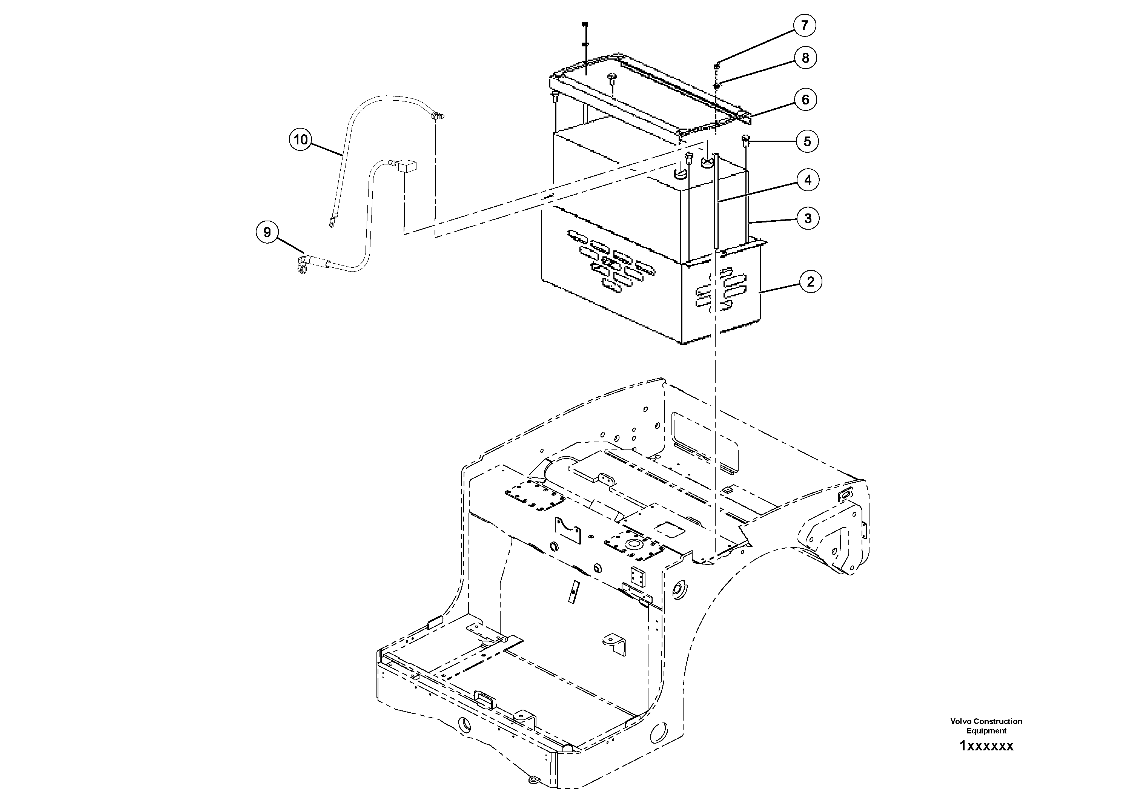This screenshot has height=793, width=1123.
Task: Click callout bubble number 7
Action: click(805, 25)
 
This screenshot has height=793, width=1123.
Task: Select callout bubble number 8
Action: click(805, 58)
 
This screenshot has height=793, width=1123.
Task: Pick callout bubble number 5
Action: click(807, 141)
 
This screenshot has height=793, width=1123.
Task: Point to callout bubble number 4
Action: click(808, 180)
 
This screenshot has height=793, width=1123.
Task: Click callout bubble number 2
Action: click(810, 282)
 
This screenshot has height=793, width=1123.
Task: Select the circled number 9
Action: click(267, 232)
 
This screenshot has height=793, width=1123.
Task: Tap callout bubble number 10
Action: click(300, 140)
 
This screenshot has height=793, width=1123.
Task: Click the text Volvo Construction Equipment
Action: click(986, 726)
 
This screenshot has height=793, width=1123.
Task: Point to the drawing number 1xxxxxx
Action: click(986, 746)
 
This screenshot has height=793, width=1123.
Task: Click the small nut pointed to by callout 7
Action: click(716, 66)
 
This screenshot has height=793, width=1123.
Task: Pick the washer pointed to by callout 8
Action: click(716, 86)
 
